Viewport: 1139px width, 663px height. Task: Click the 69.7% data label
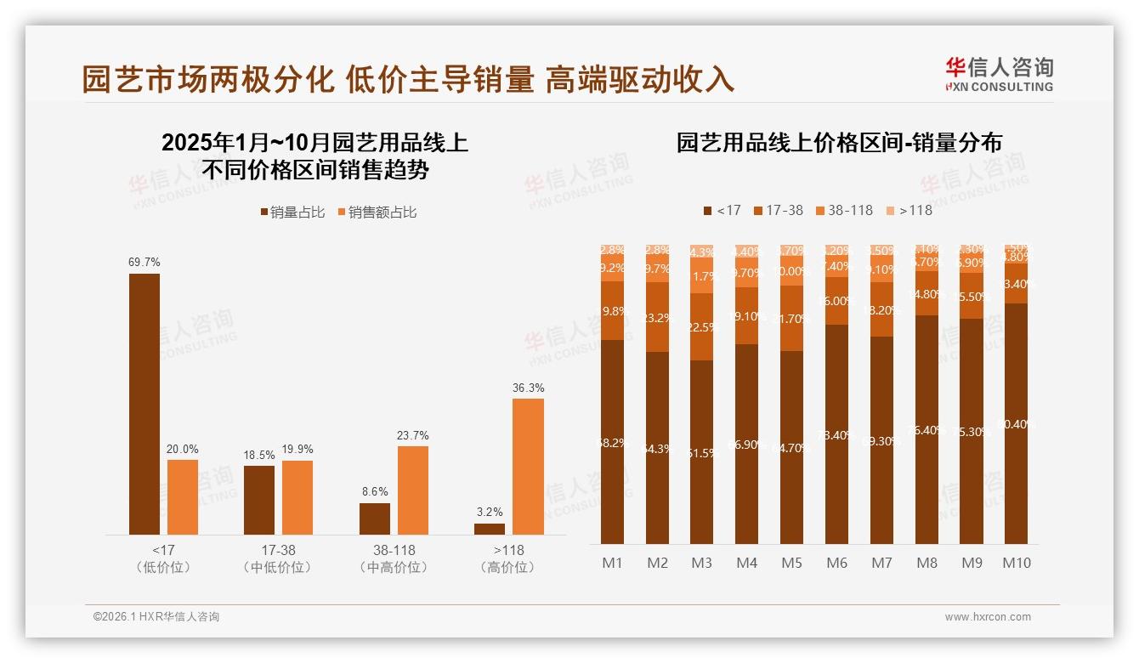(144, 263)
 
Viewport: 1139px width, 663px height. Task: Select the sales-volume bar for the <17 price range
(144, 404)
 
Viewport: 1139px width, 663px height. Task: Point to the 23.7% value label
(412, 435)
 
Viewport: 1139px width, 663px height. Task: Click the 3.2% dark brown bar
(490, 529)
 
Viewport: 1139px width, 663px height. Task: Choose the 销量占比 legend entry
(292, 212)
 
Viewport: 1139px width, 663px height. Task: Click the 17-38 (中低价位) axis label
(278, 558)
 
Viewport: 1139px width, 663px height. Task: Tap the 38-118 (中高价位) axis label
(394, 558)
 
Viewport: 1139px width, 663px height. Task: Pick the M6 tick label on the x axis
(836, 563)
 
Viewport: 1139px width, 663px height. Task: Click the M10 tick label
(1016, 563)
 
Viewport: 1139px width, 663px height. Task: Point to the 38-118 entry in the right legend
(844, 210)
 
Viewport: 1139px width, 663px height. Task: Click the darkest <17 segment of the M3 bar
(701, 452)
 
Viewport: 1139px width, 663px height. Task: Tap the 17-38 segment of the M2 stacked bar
(657, 317)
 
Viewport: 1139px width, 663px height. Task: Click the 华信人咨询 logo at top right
(999, 73)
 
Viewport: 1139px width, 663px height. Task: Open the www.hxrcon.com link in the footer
(988, 617)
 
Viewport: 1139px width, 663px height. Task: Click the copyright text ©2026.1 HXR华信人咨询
(156, 617)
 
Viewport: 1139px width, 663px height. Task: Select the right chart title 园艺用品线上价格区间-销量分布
(838, 142)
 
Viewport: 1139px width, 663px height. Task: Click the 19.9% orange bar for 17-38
(297, 497)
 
